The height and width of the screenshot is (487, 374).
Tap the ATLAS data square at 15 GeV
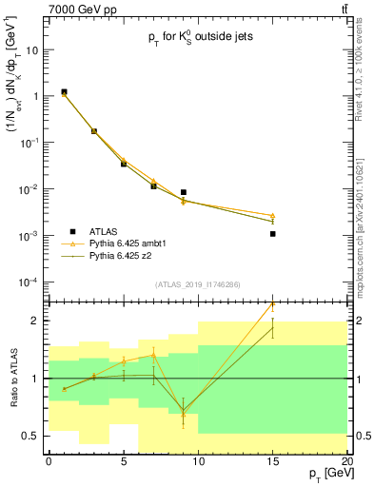tap(273, 233)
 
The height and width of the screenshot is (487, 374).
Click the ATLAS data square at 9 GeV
tap(184, 192)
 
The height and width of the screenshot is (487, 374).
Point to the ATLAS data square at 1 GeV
tap(64, 92)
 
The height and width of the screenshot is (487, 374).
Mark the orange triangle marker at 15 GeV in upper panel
tap(273, 216)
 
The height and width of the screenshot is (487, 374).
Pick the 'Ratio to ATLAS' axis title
tap(17, 378)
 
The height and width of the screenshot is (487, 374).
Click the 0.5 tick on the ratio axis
tap(36, 436)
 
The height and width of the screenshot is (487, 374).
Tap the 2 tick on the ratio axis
tap(40, 321)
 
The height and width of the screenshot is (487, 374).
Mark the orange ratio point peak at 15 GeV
tap(273, 304)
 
